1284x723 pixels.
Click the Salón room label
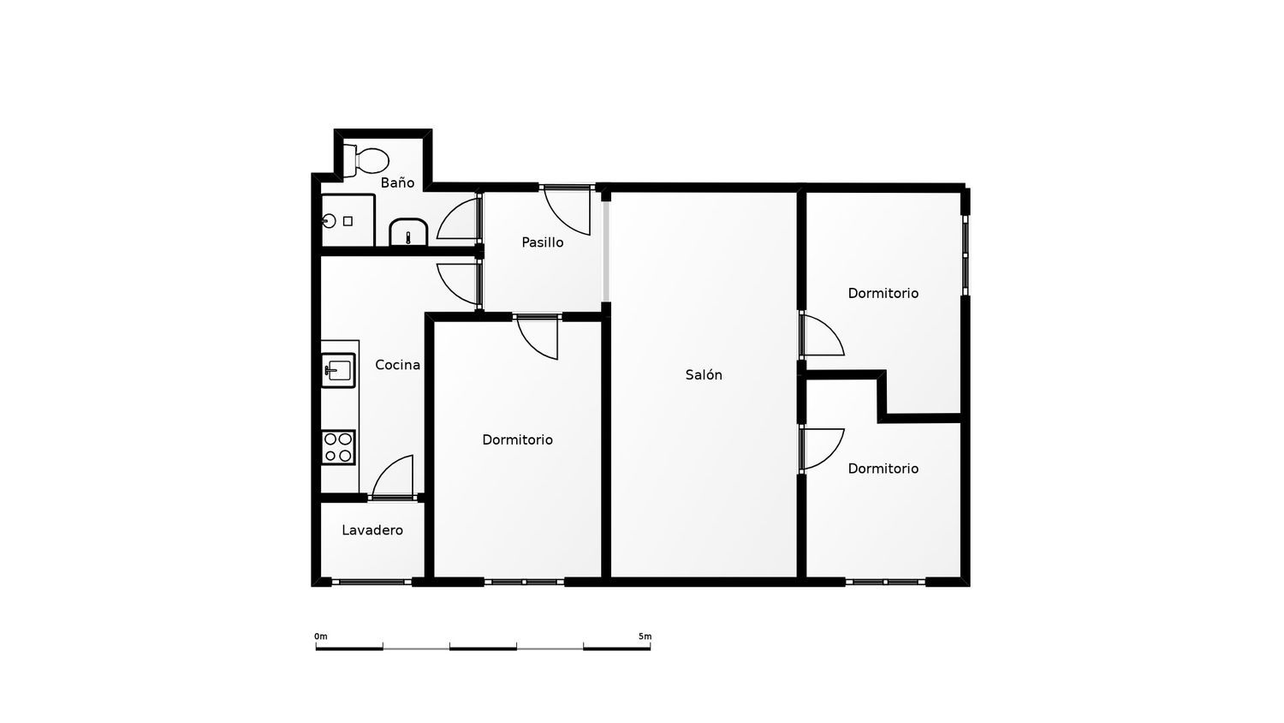704,374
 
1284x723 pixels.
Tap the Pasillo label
542,242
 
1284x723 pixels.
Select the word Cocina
397,364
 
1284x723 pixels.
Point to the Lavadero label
372,530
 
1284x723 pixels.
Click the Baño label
397,182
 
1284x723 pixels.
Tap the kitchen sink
338,370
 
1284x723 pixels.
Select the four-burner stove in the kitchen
338,447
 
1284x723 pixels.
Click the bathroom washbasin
408,232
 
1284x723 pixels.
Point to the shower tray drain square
348,221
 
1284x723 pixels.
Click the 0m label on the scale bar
321,636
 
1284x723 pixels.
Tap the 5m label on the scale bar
645,636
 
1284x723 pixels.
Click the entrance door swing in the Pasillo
567,212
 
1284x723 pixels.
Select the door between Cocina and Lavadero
393,477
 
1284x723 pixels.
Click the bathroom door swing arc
458,218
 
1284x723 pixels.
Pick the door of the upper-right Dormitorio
823,334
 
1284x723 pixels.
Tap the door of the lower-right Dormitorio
823,450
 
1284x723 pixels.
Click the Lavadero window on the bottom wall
372,582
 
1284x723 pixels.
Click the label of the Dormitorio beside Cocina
517,439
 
